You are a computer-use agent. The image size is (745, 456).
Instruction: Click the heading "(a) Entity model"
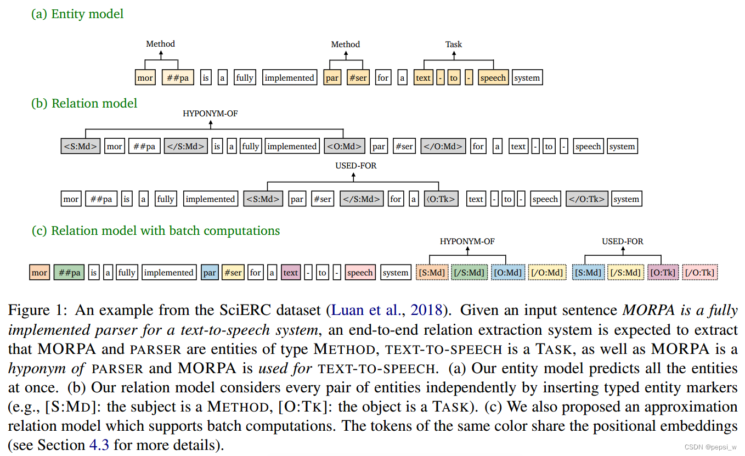click(77, 14)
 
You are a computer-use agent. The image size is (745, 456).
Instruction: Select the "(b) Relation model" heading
click(84, 103)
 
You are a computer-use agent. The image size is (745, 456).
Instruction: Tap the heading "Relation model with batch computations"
click(165, 230)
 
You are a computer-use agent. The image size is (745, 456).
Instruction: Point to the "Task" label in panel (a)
click(453, 44)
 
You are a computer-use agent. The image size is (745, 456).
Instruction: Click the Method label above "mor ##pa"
click(160, 44)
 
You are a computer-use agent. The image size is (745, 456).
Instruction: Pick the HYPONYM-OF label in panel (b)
click(210, 114)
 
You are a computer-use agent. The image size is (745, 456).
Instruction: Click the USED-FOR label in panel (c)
click(622, 241)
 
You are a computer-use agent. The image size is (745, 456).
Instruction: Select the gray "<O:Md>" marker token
click(343, 147)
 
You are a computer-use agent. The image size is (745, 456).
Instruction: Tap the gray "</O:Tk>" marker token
click(586, 199)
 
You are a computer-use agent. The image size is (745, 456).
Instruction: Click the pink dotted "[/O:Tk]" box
click(700, 273)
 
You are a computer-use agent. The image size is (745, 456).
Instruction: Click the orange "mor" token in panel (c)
click(39, 273)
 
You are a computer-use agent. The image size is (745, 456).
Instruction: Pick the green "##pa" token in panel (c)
click(69, 273)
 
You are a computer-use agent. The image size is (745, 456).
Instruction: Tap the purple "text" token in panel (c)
click(291, 273)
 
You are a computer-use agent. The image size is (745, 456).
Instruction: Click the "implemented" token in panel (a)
click(289, 78)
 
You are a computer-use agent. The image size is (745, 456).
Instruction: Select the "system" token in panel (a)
click(527, 78)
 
